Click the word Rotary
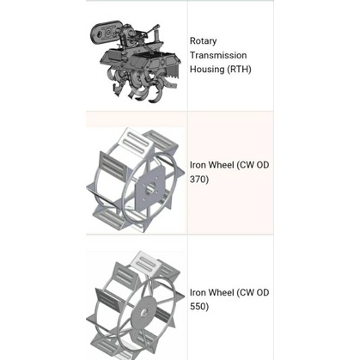204,41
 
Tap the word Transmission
218,55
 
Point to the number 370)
199,180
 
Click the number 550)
199,307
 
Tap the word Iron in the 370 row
197,165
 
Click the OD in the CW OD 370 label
262,165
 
